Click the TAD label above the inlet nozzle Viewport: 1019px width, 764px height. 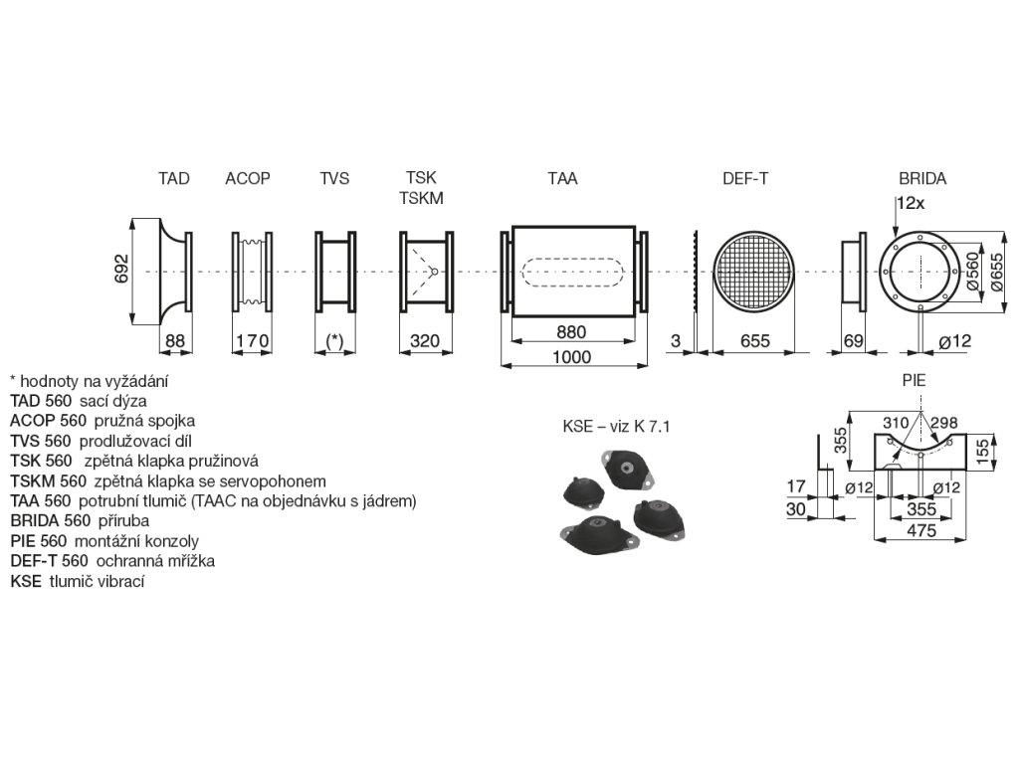click(x=173, y=179)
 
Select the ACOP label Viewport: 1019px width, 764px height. click(x=248, y=179)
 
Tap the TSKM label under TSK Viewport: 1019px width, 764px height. click(x=421, y=198)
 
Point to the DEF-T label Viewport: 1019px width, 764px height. click(x=745, y=179)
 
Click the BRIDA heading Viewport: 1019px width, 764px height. click(x=922, y=179)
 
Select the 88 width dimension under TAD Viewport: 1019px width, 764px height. click(x=175, y=340)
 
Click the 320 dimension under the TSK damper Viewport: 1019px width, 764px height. click(x=425, y=340)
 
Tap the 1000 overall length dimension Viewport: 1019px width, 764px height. click(x=571, y=357)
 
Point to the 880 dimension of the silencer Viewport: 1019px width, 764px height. click(x=571, y=332)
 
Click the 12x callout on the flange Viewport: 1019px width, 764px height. click(x=911, y=202)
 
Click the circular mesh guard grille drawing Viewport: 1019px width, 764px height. click(x=755, y=272)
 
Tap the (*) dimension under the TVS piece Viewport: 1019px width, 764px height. click(x=334, y=340)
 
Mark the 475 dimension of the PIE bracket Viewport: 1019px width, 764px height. click(x=921, y=531)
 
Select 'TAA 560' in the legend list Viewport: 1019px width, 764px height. click(x=40, y=500)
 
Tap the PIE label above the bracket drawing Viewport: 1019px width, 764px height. click(x=914, y=380)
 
